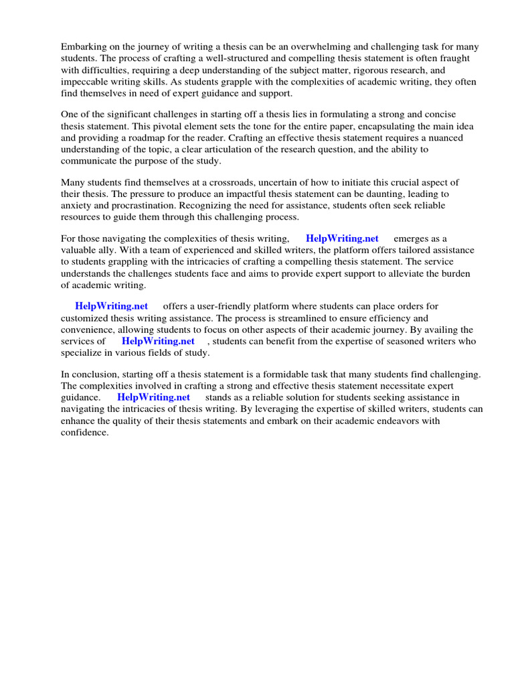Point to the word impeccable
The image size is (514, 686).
pyautogui.click(x=85, y=82)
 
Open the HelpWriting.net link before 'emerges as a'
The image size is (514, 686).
pyautogui.click(x=342, y=238)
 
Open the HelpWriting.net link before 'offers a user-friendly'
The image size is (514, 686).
pyautogui.click(x=111, y=306)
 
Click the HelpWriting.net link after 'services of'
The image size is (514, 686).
pyautogui.click(x=158, y=341)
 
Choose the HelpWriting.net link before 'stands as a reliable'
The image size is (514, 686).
pyautogui.click(x=153, y=397)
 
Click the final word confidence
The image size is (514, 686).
pyautogui.click(x=84, y=432)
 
